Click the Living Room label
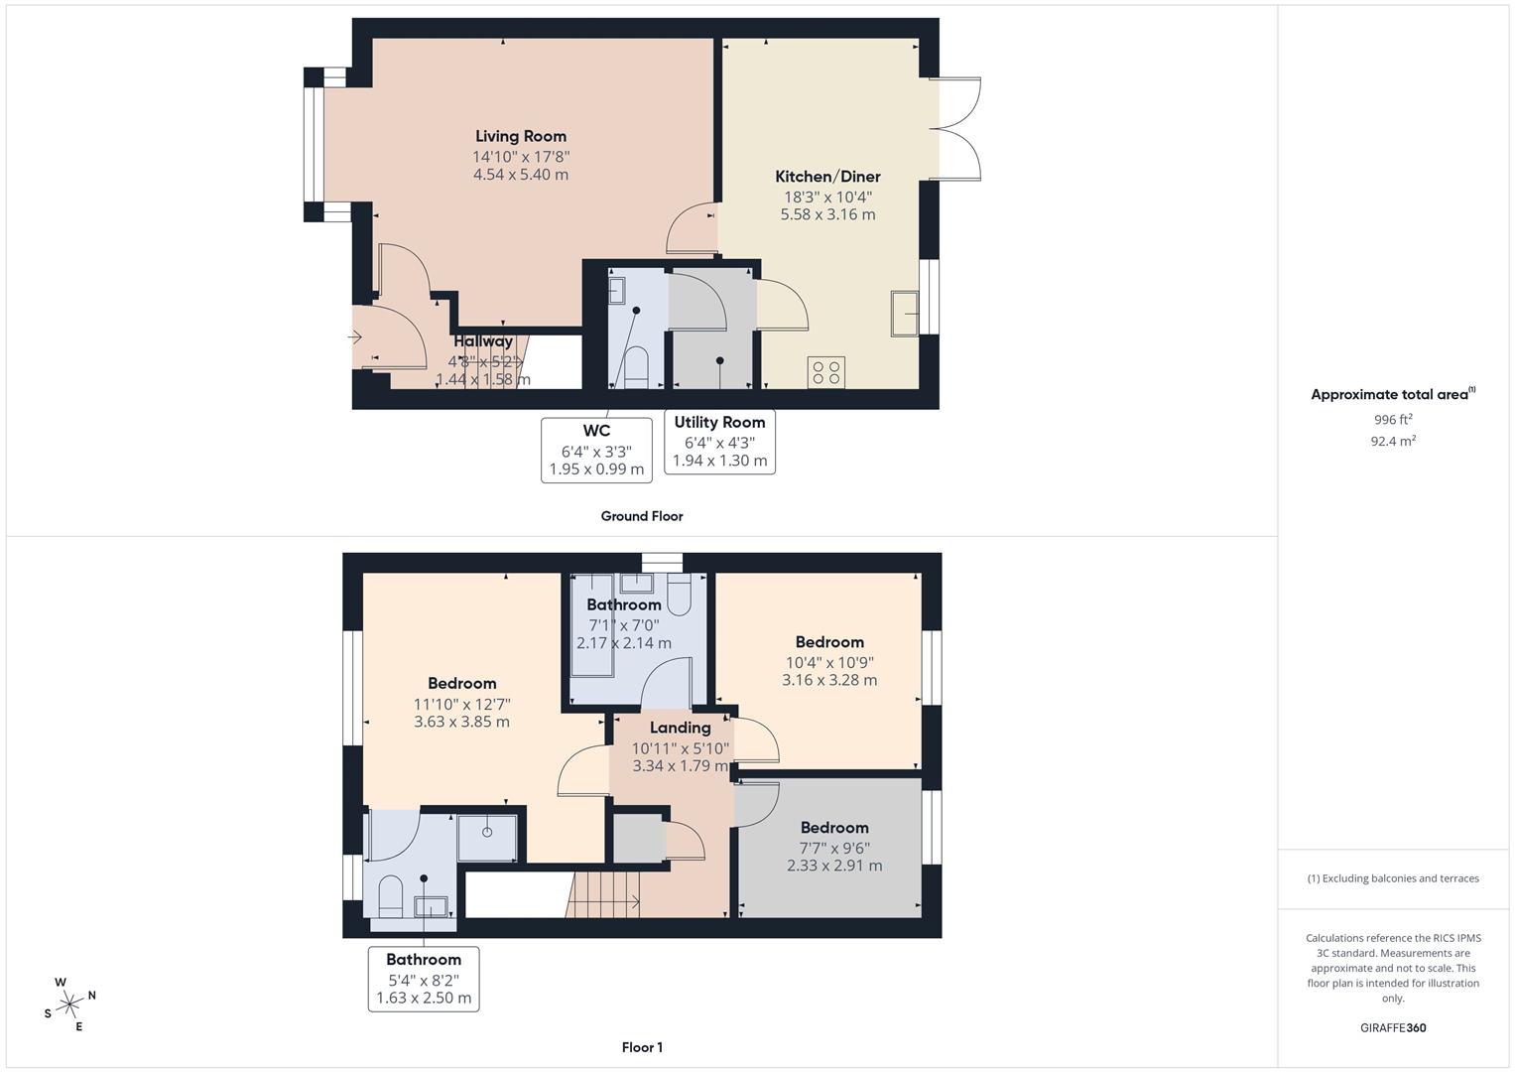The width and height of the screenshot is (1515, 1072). [520, 137]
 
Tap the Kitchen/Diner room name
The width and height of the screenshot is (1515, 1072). [827, 177]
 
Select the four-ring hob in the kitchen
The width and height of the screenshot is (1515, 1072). [826, 372]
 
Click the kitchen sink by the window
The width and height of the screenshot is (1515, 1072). [904, 314]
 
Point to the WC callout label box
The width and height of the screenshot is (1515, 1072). [596, 450]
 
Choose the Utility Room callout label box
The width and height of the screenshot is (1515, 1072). [719, 442]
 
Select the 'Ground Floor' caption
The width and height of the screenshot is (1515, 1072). [641, 516]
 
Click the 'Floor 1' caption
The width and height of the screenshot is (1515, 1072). [642, 1047]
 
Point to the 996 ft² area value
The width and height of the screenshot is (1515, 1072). [1392, 420]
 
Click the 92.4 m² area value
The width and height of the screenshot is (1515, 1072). [1392, 442]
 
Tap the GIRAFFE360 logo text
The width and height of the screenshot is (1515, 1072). [1392, 1027]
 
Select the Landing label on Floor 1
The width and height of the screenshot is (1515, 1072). [680, 728]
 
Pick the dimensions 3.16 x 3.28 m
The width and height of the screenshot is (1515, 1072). [828, 680]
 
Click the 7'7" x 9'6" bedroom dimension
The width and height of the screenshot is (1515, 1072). [834, 848]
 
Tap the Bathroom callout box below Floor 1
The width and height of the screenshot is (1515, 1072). [424, 979]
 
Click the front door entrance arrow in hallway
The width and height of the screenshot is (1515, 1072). [355, 337]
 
